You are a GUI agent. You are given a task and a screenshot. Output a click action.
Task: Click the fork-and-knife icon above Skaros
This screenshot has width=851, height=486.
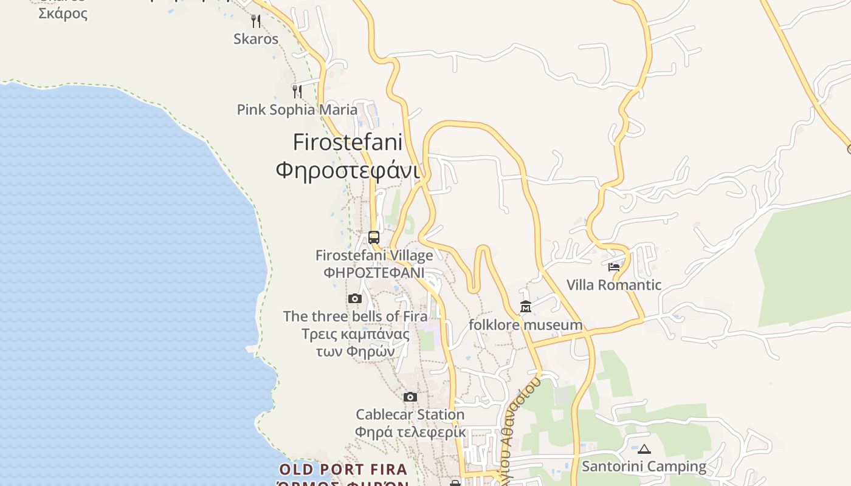click(256, 21)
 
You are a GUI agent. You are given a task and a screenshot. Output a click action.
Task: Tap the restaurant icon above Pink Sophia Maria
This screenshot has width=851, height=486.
click(297, 92)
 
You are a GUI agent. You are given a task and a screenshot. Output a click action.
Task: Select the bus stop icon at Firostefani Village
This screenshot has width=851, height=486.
click(374, 237)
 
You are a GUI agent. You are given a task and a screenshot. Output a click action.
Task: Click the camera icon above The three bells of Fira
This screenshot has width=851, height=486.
click(355, 298)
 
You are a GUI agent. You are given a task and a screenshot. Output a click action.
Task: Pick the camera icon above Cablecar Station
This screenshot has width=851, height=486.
click(410, 397)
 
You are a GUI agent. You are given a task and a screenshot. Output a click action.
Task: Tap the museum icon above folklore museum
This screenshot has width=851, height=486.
click(526, 307)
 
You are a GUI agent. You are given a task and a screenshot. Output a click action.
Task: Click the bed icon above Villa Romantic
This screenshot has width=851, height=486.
click(613, 267)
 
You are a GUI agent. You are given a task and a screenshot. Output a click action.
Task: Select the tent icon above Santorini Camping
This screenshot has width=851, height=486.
click(644, 450)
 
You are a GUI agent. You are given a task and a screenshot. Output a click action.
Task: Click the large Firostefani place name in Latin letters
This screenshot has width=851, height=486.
click(348, 142)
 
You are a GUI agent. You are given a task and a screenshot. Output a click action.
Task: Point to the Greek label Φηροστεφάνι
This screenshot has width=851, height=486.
click(348, 170)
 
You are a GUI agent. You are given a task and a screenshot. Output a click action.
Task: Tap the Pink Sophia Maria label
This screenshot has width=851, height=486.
click(297, 110)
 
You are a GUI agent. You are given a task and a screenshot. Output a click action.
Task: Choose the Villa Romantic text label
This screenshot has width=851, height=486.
click(614, 285)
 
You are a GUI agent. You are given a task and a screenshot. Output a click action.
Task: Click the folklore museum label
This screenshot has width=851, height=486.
click(526, 325)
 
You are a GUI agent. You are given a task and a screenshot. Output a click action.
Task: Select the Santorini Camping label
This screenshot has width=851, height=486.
click(644, 467)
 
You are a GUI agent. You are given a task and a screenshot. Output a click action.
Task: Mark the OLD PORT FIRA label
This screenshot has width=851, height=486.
click(343, 470)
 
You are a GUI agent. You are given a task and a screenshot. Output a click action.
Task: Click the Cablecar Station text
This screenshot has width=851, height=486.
click(410, 415)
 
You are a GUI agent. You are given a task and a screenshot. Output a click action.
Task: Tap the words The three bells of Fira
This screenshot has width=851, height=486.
click(355, 317)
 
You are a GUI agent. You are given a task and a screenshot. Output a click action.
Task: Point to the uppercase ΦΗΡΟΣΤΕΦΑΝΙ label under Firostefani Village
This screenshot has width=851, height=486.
click(374, 273)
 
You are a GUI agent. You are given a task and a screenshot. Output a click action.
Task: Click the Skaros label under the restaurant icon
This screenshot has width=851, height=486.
click(256, 39)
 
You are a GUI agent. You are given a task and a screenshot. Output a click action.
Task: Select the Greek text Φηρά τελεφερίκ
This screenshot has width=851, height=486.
click(410, 433)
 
